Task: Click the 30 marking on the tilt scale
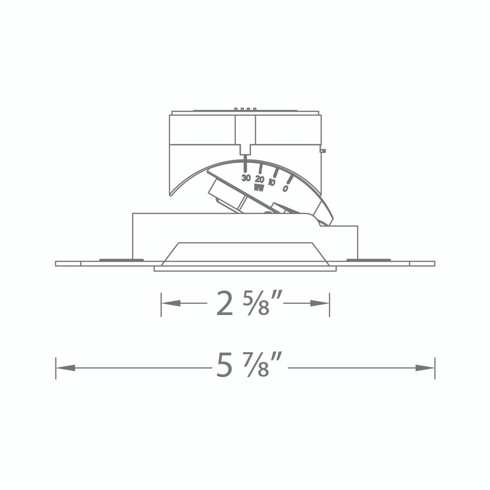pyautogui.click(x=246, y=178)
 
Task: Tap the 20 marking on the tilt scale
pyautogui.click(x=260, y=179)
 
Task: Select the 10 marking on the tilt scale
pyautogui.click(x=272, y=183)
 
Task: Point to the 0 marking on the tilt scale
pyautogui.click(x=285, y=188)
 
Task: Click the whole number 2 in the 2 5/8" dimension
pyautogui.click(x=224, y=304)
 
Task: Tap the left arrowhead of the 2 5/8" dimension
pyautogui.click(x=171, y=303)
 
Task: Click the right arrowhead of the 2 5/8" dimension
pyautogui.click(x=320, y=303)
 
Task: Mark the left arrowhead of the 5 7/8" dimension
pyautogui.click(x=65, y=368)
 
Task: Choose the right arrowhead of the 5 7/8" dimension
pyautogui.click(x=425, y=368)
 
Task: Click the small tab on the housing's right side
pyautogui.click(x=323, y=151)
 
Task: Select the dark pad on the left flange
pyautogui.click(x=121, y=260)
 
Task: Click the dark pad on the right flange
pyautogui.click(x=368, y=260)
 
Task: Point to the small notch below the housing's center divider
pyautogui.click(x=245, y=149)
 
